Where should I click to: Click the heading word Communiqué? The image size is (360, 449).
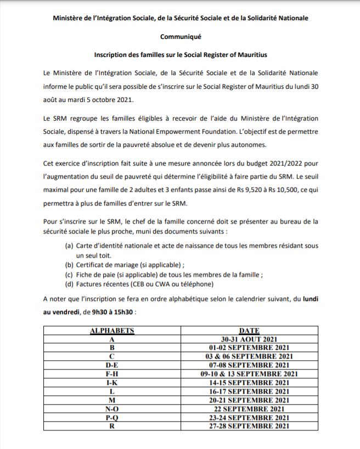point(181,37)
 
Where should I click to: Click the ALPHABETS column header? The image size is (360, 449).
point(112,331)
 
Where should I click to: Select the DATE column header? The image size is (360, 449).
point(249,331)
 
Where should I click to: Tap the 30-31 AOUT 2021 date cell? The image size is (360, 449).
point(249,339)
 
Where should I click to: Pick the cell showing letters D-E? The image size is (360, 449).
point(112,365)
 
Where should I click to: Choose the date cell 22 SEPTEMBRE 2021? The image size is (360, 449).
point(249,409)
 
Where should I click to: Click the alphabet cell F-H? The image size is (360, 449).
point(112,373)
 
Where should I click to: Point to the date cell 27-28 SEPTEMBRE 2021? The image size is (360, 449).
point(249,426)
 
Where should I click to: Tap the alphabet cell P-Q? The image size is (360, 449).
point(112,418)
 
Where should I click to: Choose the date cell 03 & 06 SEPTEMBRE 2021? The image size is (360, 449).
point(249,356)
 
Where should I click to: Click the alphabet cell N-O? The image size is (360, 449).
point(112,409)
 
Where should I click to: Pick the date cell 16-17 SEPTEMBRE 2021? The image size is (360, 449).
point(249,391)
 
